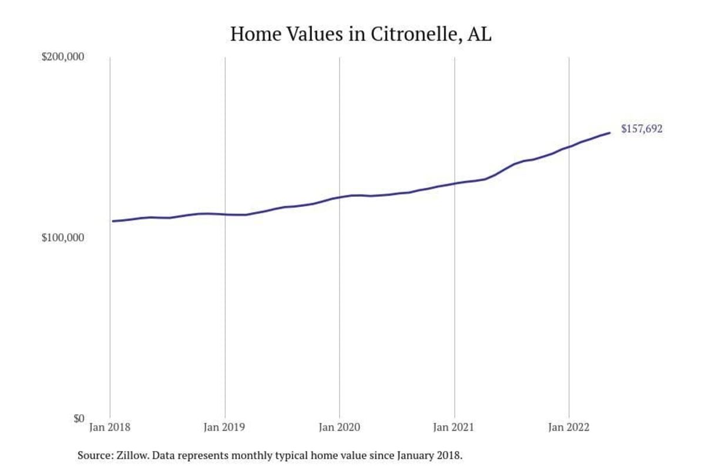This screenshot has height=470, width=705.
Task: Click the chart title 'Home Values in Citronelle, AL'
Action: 361,33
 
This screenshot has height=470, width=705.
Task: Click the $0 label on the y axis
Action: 78,418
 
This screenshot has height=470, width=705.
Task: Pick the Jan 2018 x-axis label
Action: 110,428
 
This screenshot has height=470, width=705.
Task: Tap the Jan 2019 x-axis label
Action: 225,428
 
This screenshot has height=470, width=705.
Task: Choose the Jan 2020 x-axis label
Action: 340,428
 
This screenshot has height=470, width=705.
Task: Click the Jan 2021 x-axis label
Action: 454,428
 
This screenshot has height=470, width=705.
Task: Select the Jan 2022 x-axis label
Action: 569,428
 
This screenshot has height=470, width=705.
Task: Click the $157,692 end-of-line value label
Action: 642,129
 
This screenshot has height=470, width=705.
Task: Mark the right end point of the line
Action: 610,133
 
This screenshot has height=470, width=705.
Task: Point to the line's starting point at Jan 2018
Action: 112,221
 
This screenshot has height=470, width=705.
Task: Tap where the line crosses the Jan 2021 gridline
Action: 454,183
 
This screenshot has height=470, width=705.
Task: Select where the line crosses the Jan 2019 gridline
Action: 225,214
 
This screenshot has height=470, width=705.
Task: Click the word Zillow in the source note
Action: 127,455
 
